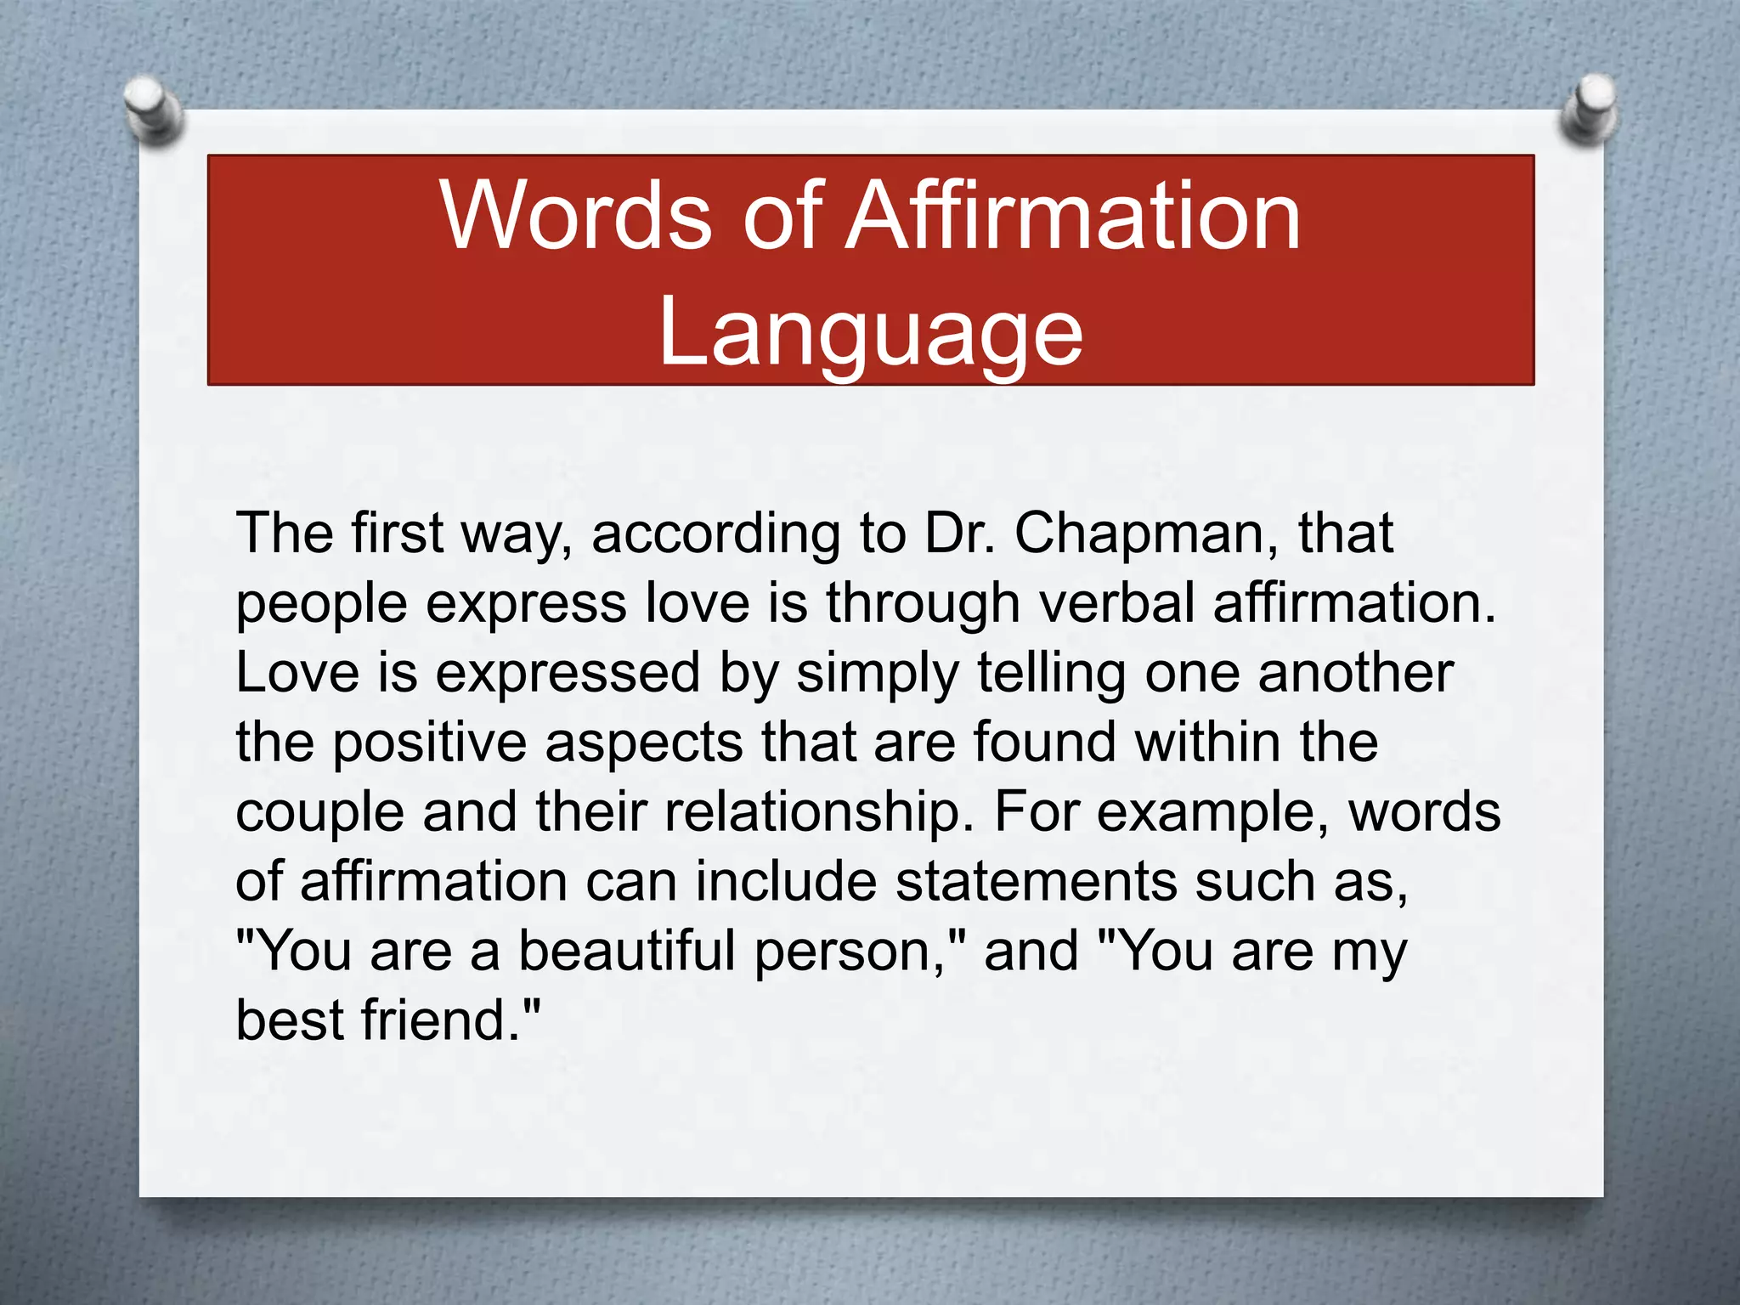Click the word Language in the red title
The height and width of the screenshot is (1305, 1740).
tap(871, 333)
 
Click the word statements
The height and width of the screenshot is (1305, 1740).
tap(1036, 881)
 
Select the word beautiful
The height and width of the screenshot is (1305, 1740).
tap(627, 951)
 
